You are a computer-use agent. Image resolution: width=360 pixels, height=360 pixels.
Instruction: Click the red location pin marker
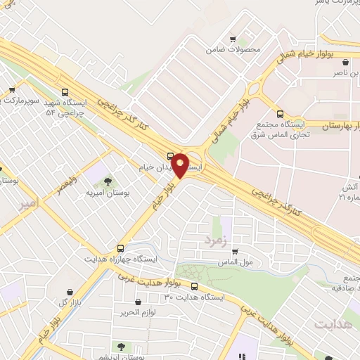(x=181, y=165)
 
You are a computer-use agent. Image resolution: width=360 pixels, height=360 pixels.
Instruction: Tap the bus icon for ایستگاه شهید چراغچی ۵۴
(x=65, y=92)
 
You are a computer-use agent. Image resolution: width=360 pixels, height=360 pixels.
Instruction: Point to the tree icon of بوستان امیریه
(x=108, y=183)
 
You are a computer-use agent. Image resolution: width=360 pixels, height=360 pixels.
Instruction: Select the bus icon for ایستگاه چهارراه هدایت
(x=121, y=248)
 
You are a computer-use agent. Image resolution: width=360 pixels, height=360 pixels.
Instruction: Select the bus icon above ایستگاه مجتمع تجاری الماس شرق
(x=281, y=114)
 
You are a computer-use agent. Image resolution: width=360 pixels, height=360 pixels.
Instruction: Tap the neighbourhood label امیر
(x=27, y=205)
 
